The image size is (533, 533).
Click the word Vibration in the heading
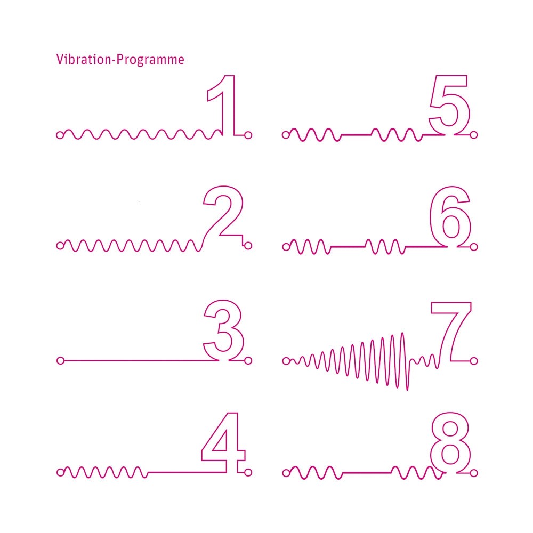(84, 60)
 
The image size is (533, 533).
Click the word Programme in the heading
(150, 60)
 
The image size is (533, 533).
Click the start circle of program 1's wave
(60, 135)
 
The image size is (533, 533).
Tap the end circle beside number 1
(248, 135)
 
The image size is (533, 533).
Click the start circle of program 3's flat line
(61, 360)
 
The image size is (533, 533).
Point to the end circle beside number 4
(248, 472)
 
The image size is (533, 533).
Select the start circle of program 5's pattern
(286, 135)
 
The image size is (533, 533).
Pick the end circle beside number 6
(474, 247)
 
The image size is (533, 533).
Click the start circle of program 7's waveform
(286, 361)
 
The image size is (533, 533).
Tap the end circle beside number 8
(474, 473)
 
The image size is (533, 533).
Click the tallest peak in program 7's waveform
(403, 334)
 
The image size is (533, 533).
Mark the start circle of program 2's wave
(60, 245)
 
